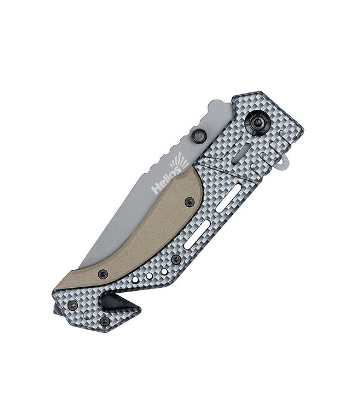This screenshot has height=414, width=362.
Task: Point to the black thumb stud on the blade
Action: (x=199, y=136)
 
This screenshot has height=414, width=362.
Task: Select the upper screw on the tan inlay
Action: (x=189, y=203)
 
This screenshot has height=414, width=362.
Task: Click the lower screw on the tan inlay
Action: (x=103, y=275)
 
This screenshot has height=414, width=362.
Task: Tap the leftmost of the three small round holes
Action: (x=135, y=280)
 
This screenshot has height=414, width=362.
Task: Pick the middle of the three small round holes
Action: (x=150, y=276)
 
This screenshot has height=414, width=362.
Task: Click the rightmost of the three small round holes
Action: (x=164, y=272)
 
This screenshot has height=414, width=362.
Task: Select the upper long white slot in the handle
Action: (x=228, y=198)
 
